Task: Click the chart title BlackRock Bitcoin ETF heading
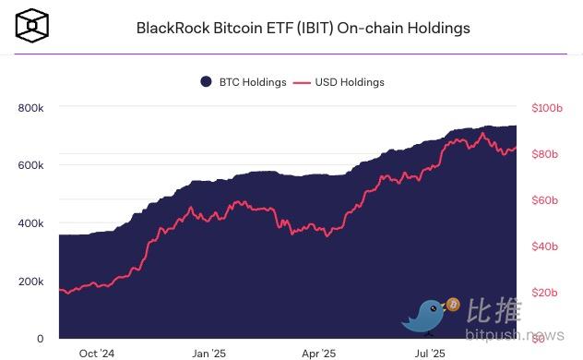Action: click(303, 28)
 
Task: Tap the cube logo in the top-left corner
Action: click(32, 27)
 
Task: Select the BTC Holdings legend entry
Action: click(252, 82)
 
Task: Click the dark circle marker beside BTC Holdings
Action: click(206, 82)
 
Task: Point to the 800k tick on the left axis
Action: click(30, 108)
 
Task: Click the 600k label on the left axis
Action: click(30, 165)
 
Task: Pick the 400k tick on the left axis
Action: click(30, 223)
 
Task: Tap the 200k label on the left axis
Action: click(30, 282)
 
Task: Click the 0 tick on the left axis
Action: click(40, 339)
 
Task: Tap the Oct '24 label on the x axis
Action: click(97, 353)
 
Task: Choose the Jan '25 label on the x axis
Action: click(208, 353)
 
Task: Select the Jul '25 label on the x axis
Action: click(430, 353)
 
